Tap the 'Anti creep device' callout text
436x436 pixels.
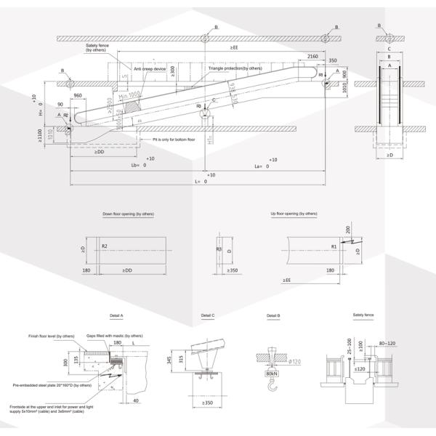pyautogui.click(x=150, y=68)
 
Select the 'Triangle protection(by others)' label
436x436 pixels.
pyautogui.click(x=235, y=68)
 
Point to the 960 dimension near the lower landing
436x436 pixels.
pyautogui.click(x=78, y=95)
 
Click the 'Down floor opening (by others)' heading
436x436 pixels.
pyautogui.click(x=129, y=214)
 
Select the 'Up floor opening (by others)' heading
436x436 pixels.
pyautogui.click(x=294, y=214)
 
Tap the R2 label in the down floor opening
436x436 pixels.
pyautogui.click(x=105, y=247)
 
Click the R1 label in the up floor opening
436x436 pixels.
pyautogui.click(x=334, y=247)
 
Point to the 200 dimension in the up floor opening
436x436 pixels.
pyautogui.click(x=347, y=230)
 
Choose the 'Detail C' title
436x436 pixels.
pyautogui.click(x=207, y=316)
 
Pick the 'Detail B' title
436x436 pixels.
pyautogui.click(x=272, y=316)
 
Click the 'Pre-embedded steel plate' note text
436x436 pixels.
pyautogui.click(x=52, y=385)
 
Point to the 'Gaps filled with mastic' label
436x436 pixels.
pyautogui.click(x=114, y=336)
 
